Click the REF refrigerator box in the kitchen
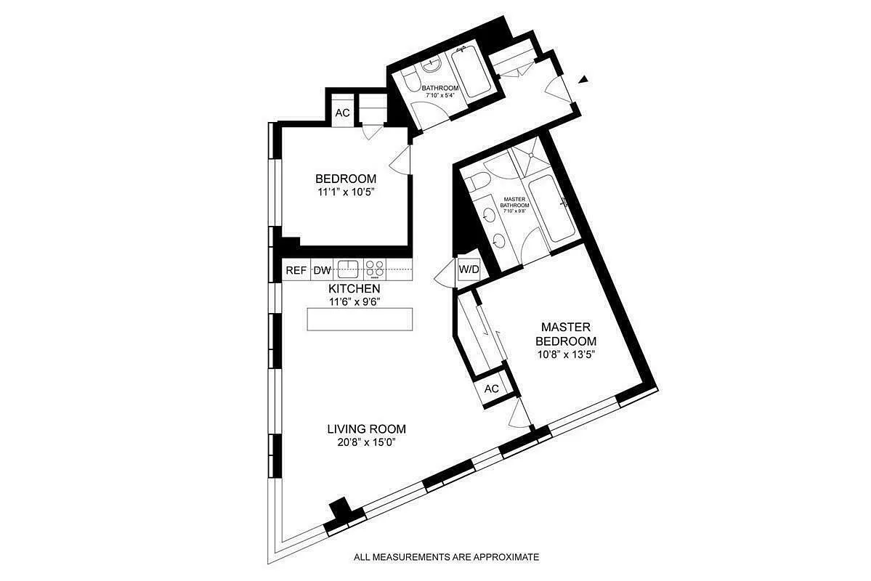tap(296, 271)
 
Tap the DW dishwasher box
tap(322, 271)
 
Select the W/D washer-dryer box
tap(469, 270)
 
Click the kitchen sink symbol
tap(349, 269)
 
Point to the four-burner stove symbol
tap(375, 269)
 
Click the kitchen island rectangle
tap(360, 320)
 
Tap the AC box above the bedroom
tap(342, 113)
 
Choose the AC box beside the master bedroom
tap(492, 389)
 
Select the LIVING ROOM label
tap(366, 428)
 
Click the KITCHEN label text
tap(354, 289)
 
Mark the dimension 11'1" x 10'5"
tap(345, 192)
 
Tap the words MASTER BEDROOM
tap(566, 334)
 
